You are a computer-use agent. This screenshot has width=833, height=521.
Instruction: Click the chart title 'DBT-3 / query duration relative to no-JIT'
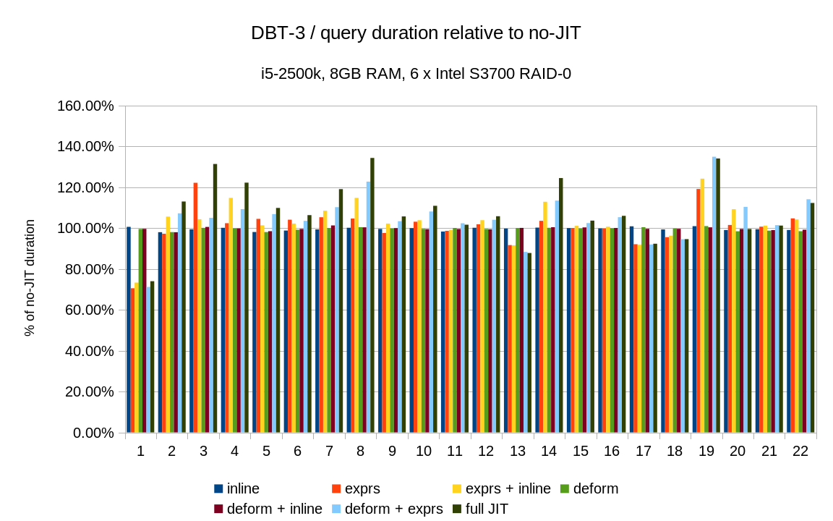416,33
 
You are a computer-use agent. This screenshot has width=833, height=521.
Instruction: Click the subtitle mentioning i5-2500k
416,73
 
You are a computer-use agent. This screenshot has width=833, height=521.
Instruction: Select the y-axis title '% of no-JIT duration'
30,278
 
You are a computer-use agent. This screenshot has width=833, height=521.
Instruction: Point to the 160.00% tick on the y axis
85,106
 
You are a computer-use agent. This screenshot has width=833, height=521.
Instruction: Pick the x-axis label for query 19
706,451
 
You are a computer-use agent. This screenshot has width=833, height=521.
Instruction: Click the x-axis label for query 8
360,451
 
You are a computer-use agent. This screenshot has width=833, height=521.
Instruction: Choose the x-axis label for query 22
800,451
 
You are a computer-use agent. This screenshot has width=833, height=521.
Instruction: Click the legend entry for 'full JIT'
487,509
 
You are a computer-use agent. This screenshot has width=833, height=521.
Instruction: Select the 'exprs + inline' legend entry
508,488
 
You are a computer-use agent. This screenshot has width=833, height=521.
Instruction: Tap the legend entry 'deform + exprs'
393,509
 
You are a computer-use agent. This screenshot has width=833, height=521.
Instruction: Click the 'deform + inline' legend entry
274,509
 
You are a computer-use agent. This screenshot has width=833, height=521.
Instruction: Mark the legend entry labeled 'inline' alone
243,488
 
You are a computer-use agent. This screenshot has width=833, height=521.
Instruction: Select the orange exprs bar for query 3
195,308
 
